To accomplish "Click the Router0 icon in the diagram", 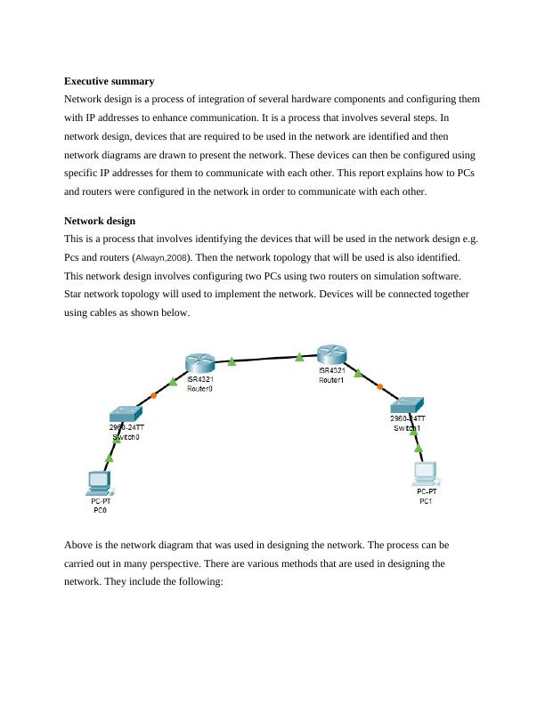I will point(200,363).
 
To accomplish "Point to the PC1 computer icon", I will point(426,472).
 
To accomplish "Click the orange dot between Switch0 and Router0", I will point(155,394).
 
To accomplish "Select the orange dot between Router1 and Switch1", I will point(380,385).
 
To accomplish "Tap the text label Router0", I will point(199,389).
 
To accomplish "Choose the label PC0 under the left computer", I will point(99,511).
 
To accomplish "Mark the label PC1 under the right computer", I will point(426,500).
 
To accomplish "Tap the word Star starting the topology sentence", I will point(75,294).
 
